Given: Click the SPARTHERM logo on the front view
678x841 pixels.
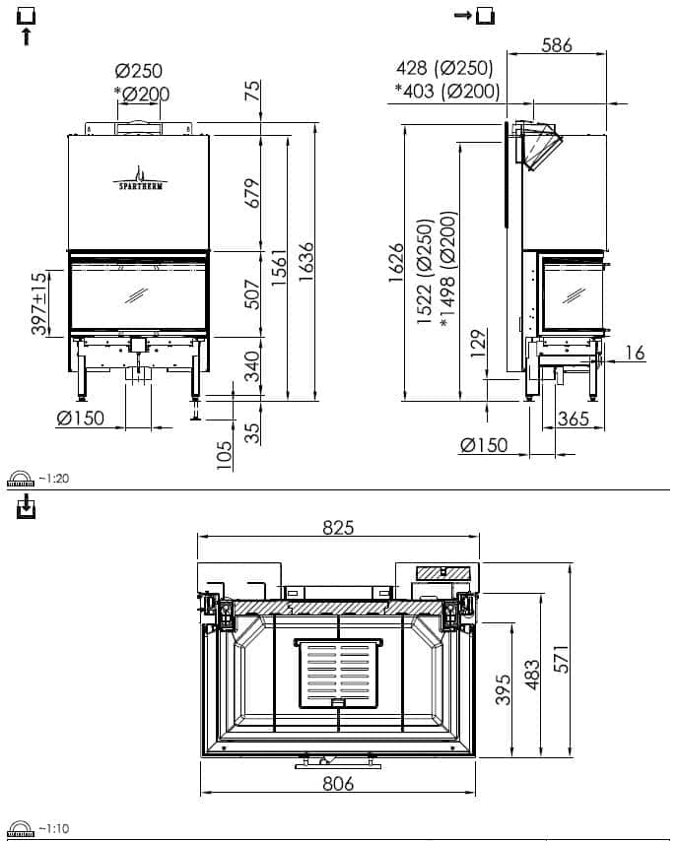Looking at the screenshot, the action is (x=140, y=178).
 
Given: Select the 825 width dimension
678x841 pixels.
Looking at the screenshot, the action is (x=338, y=528).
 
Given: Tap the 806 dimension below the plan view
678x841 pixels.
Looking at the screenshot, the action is (x=338, y=784).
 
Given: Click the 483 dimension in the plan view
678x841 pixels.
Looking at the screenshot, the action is (x=531, y=675).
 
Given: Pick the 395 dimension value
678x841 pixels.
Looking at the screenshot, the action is (x=503, y=689).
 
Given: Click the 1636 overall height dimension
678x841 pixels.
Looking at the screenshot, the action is (x=305, y=262).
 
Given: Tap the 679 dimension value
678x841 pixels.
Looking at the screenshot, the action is (x=251, y=193).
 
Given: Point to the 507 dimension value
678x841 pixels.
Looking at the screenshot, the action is (x=251, y=293).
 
